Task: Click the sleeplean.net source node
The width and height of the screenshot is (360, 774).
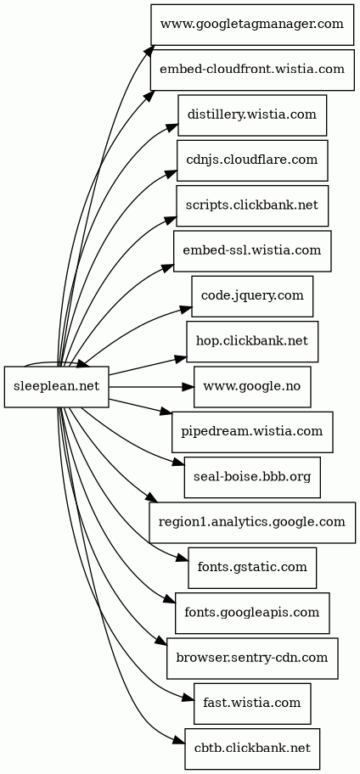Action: pyautogui.click(x=56, y=387)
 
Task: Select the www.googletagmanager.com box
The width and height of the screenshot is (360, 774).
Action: pyautogui.click(x=252, y=24)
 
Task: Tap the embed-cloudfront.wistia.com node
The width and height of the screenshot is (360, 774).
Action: pyautogui.click(x=252, y=70)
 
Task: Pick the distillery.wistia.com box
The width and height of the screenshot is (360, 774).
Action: pyautogui.click(x=252, y=115)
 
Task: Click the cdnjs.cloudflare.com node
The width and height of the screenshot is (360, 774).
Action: pyautogui.click(x=252, y=160)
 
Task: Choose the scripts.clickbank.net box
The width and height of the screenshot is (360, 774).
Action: pyautogui.click(x=252, y=206)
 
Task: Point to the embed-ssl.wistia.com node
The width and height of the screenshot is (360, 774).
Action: pyautogui.click(x=252, y=250)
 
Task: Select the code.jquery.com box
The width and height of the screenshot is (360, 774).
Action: pyautogui.click(x=252, y=296)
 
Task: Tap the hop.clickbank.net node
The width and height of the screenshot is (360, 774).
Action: pyautogui.click(x=252, y=341)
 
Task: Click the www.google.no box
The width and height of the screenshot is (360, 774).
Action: pyautogui.click(x=252, y=387)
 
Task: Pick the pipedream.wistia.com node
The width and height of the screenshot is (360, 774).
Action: pyautogui.click(x=252, y=432)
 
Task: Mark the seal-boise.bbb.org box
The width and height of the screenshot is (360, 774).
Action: pyautogui.click(x=252, y=477)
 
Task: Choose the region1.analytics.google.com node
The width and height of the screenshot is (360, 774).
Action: pyautogui.click(x=252, y=523)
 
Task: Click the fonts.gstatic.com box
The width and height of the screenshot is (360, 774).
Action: pyautogui.click(x=252, y=568)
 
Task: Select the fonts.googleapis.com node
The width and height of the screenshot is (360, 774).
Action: pyautogui.click(x=252, y=613)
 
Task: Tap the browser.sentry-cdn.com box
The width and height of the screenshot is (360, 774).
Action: pyautogui.click(x=252, y=659)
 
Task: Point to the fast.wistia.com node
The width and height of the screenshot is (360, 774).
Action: pyautogui.click(x=252, y=704)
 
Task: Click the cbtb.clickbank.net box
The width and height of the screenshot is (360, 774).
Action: pyautogui.click(x=252, y=749)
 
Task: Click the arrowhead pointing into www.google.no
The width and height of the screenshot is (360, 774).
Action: pyautogui.click(x=188, y=387)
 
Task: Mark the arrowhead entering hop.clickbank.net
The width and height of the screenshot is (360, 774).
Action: pyautogui.click(x=181, y=358)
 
